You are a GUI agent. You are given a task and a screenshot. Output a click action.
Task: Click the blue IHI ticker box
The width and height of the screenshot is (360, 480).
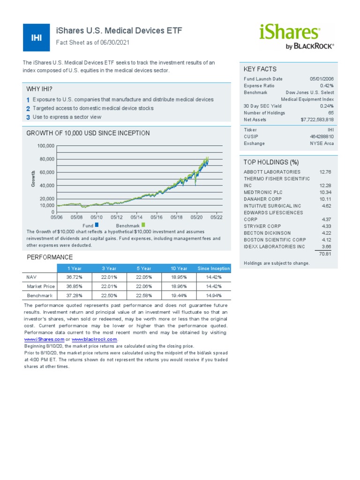tap(36, 37)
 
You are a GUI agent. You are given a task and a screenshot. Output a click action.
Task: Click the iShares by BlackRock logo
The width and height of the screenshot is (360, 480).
tap(296, 37)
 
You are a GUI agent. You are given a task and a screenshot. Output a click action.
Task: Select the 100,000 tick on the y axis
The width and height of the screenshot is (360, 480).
tap(46, 146)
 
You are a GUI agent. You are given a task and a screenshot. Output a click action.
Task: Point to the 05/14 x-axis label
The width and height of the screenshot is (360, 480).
tap(136, 217)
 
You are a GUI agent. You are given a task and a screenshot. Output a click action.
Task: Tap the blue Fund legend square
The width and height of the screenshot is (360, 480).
tap(97, 225)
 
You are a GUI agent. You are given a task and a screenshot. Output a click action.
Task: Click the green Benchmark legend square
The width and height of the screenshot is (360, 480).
tap(143, 225)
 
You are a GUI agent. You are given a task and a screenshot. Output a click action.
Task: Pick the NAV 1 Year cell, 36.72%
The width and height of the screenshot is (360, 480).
tap(75, 277)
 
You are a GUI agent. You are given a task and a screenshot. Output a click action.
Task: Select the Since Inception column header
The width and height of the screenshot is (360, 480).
tap(214, 269)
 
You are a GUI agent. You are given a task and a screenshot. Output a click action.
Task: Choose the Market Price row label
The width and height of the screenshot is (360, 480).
tap(41, 286)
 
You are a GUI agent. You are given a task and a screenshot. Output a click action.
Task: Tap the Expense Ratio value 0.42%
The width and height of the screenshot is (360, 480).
tap(327, 86)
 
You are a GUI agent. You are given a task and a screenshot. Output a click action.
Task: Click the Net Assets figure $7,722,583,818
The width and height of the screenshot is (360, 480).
tap(317, 120)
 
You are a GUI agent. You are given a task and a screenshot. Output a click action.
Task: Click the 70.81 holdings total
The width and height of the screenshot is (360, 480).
tap(325, 254)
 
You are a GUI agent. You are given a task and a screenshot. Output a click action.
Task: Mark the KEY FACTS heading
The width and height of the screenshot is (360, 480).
tap(260, 69)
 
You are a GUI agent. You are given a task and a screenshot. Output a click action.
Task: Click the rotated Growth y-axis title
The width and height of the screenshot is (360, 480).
tap(33, 179)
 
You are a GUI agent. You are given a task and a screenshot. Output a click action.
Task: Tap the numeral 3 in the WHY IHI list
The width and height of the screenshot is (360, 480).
tap(28, 117)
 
